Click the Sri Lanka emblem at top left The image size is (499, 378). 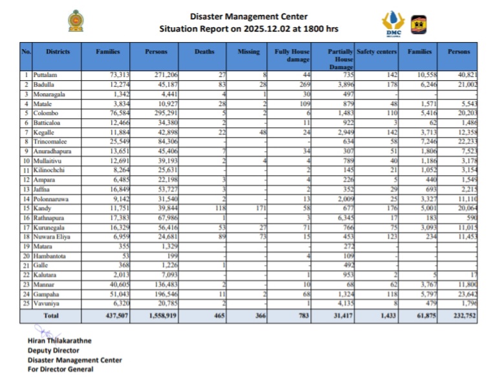click(76, 21)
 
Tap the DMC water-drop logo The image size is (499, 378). click(393, 23)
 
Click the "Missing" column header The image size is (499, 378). click(249, 51)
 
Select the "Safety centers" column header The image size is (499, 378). click(373, 51)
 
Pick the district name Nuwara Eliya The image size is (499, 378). click(52, 255)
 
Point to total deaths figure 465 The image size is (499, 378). click(217, 315)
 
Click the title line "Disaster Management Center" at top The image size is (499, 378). click(249, 16)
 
